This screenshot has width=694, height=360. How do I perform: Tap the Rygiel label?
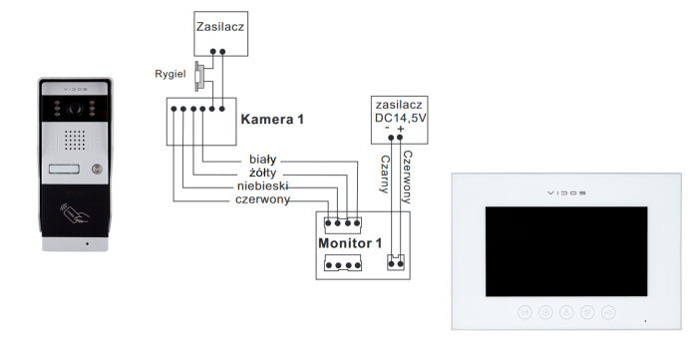(172, 73)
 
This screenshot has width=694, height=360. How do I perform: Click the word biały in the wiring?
(266, 159)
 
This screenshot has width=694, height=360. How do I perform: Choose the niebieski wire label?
(264, 186)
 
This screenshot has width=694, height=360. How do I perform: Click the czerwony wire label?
(261, 200)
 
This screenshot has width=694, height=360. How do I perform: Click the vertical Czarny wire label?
(384, 174)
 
